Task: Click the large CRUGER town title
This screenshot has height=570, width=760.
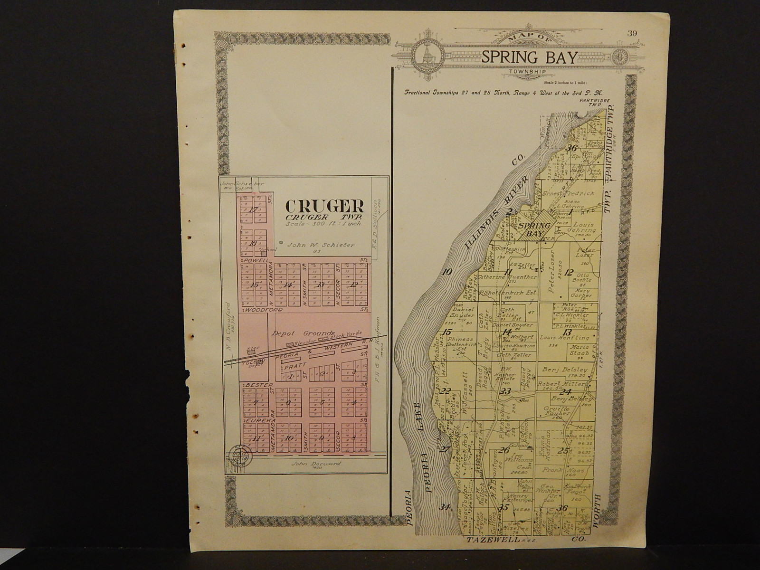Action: click(325, 206)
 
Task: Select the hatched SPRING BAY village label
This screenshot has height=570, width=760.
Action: click(535, 229)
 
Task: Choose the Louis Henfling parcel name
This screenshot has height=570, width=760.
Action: click(564, 338)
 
